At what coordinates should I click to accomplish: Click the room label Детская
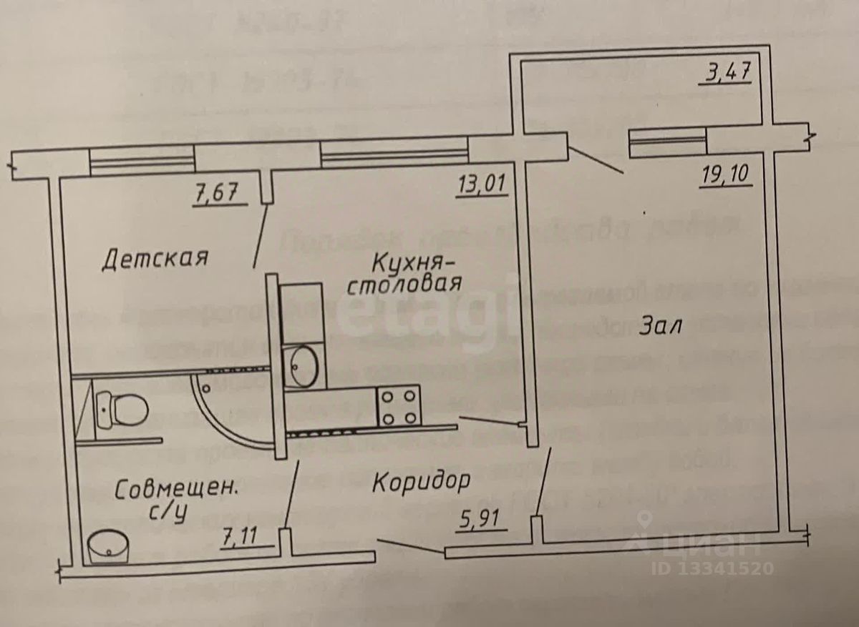click(x=155, y=257)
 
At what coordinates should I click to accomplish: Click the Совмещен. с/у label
click(x=175, y=500)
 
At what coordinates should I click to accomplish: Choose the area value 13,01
click(x=482, y=185)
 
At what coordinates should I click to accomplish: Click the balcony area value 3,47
click(x=722, y=73)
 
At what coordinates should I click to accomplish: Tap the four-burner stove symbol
click(x=397, y=405)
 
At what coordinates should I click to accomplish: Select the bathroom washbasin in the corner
click(x=109, y=546)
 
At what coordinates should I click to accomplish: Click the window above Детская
click(x=142, y=162)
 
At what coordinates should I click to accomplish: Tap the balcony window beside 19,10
click(x=667, y=142)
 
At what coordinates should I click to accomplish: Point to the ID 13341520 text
click(x=712, y=569)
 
